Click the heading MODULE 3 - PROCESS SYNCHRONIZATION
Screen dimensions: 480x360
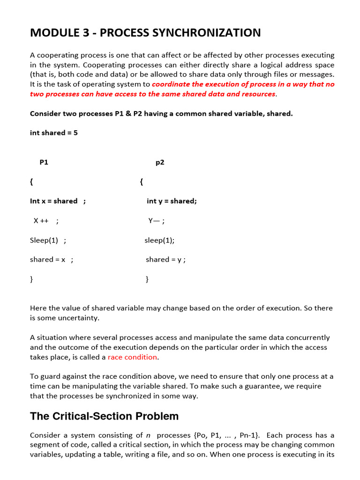[145, 33]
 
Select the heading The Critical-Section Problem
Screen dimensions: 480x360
[104, 416]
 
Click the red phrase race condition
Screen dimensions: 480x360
[133, 357]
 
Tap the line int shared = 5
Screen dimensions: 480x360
[54, 133]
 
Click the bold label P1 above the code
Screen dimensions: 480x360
[44, 162]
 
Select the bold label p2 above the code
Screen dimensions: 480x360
[160, 162]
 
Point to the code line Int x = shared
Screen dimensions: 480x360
[58, 201]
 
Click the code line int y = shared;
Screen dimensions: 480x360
[172, 201]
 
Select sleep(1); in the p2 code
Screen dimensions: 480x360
[159, 240]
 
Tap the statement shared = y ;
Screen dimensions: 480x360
[165, 260]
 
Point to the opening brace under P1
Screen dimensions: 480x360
[31, 182]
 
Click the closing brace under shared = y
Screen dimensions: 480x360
[147, 279]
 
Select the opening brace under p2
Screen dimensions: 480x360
[141, 182]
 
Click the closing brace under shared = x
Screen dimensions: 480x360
[31, 279]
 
